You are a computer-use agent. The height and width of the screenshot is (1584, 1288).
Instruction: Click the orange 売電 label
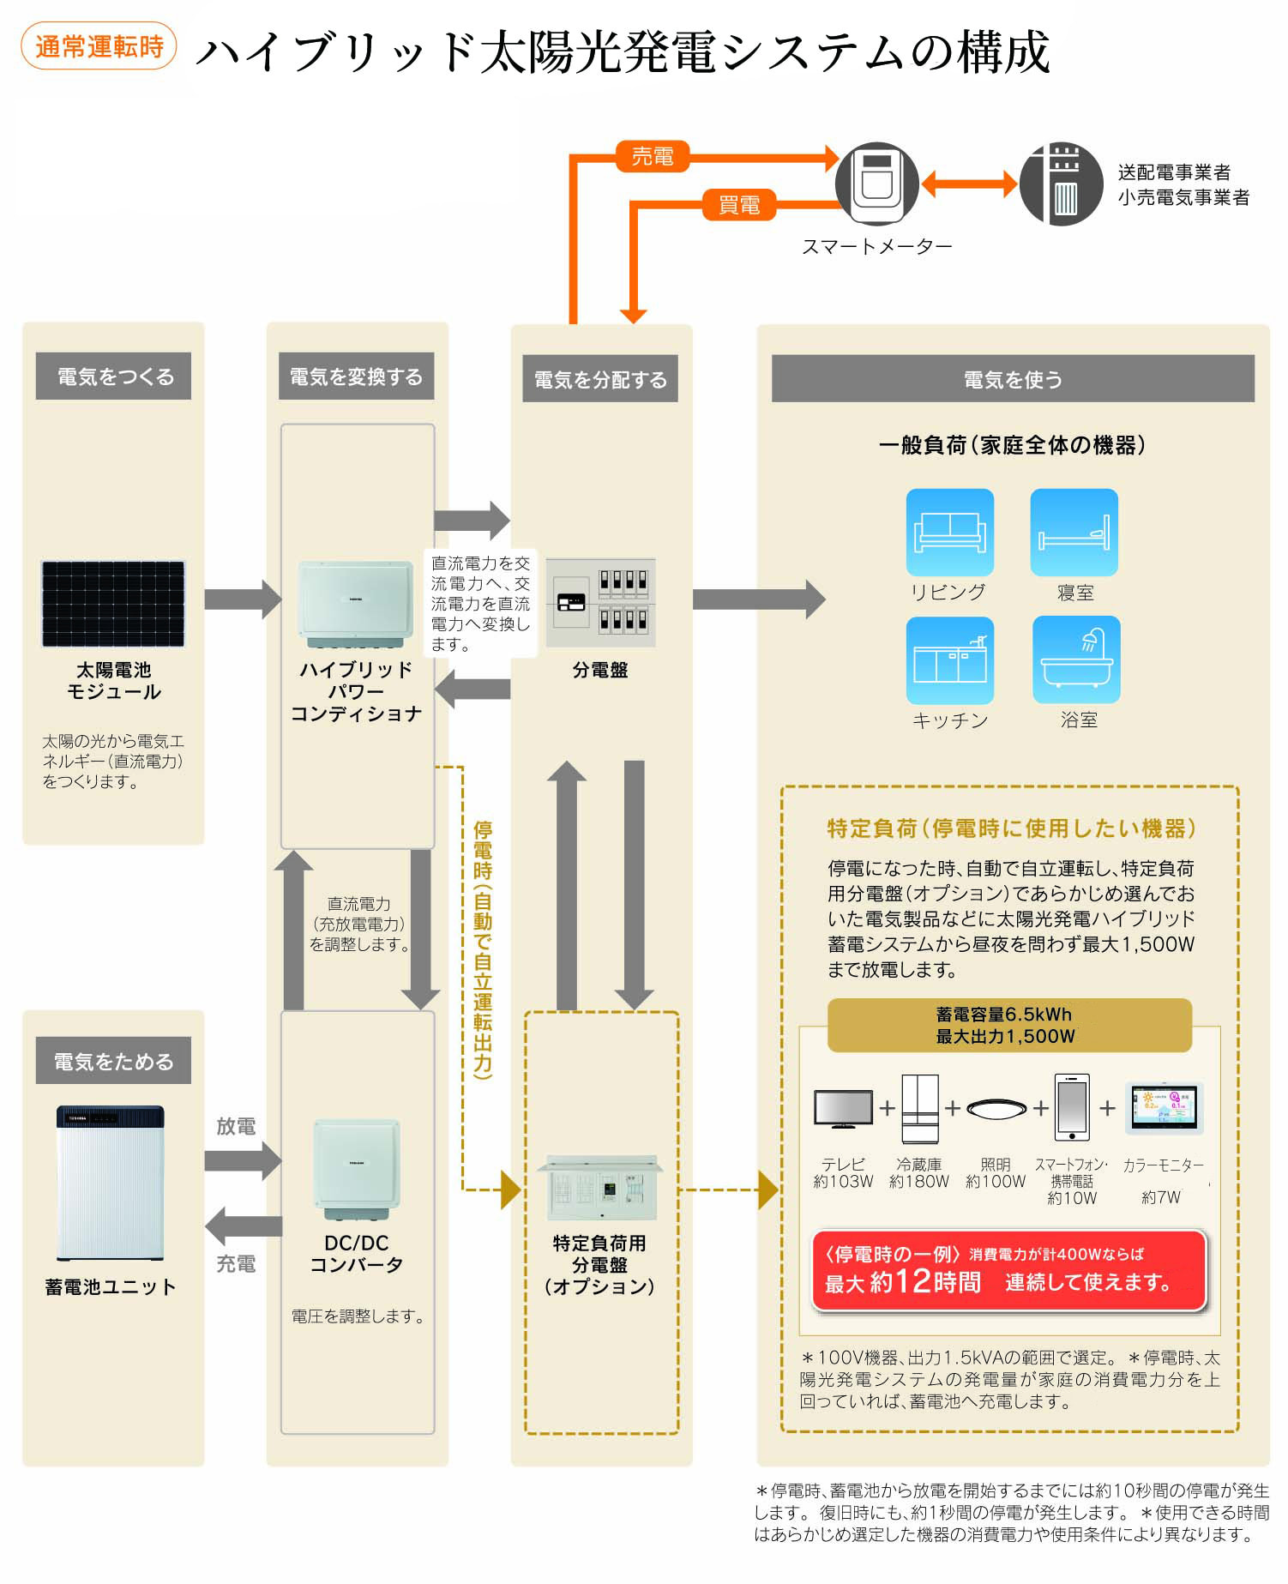coord(652,156)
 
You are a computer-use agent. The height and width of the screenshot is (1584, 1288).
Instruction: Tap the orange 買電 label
coord(738,205)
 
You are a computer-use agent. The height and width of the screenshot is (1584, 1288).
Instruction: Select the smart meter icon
coord(876,184)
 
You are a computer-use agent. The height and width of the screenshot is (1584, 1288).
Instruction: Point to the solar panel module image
coord(113,604)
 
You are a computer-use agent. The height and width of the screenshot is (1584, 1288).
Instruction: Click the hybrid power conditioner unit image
coord(355,604)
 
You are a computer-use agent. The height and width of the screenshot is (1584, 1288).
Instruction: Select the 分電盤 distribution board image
coord(600,603)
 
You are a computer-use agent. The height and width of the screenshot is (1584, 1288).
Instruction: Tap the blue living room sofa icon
coord(949,533)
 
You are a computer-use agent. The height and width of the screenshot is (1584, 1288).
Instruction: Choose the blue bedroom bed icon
coord(1074,533)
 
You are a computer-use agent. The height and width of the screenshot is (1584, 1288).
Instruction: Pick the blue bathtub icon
coord(1075,659)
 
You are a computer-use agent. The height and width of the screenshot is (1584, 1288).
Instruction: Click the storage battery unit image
coord(110,1183)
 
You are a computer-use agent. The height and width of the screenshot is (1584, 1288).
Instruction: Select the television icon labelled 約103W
coord(843,1109)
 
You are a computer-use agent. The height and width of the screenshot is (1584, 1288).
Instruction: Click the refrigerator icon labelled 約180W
coord(919,1109)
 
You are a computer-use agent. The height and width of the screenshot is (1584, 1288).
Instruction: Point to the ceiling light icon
coord(996,1109)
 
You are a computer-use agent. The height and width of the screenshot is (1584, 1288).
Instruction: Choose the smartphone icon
coord(1071,1107)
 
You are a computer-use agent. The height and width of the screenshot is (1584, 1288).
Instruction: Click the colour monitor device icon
coord(1164,1107)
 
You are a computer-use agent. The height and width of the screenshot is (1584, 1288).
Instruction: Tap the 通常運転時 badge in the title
coord(99,46)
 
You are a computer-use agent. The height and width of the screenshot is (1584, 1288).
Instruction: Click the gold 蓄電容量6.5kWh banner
coord(1008,1025)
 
